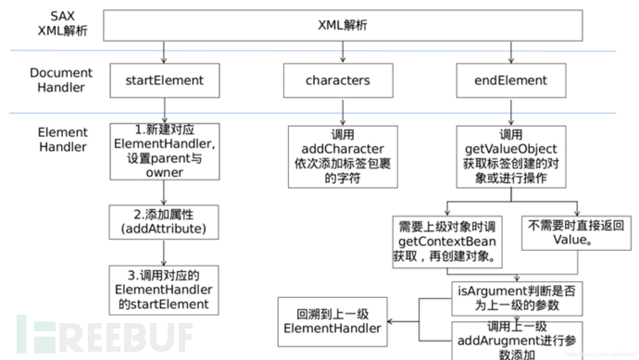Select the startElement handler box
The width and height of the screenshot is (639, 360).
(164, 80)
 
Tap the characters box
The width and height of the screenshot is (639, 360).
(337, 80)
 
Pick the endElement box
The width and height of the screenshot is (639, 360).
(513, 80)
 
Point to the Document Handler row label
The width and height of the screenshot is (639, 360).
(57, 80)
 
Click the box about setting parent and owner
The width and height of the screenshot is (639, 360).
(164, 151)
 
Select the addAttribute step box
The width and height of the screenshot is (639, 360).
(164, 220)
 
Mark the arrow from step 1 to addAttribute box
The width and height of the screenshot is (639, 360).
(164, 191)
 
